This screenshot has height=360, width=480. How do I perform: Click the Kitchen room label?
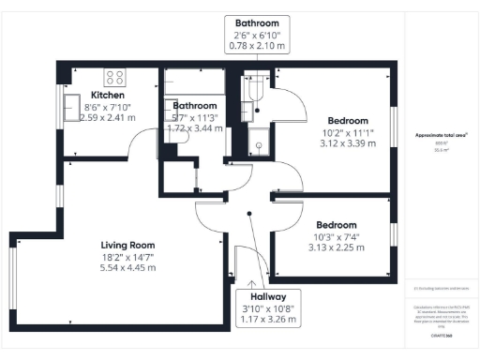coord(109,94)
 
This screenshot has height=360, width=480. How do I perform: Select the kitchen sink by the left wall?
coord(71,103)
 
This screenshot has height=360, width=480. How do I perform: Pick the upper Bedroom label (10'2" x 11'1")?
coord(348,119)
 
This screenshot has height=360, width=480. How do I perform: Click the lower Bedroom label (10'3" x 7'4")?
coord(336,225)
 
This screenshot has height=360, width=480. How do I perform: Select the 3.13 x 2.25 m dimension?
coord(336,248)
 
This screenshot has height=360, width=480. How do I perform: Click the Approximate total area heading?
coord(442,135)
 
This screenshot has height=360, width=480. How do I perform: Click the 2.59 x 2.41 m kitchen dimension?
coord(108,118)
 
